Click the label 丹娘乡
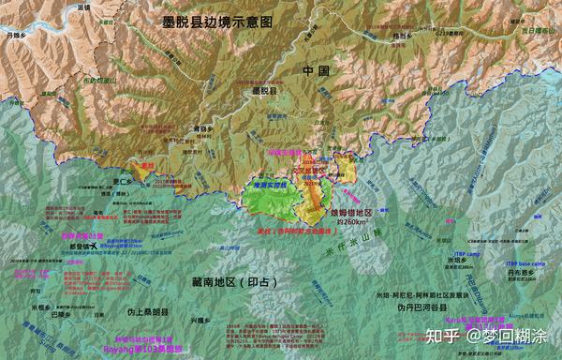16,35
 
